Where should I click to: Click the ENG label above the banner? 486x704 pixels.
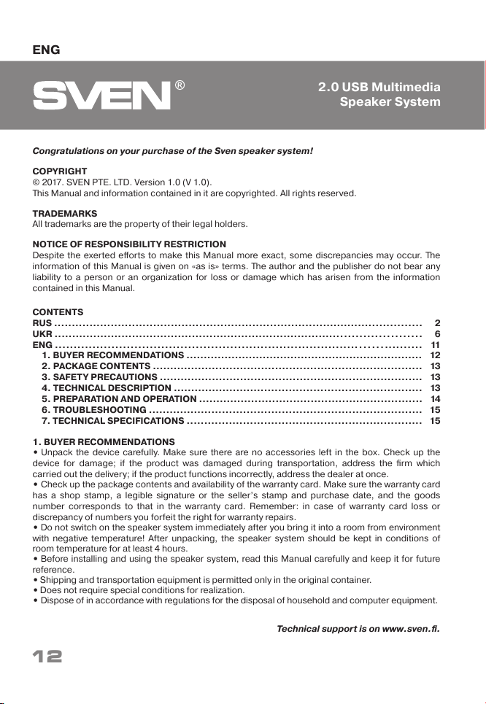click(x=46, y=50)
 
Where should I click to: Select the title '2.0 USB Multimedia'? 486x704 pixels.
click(x=379, y=88)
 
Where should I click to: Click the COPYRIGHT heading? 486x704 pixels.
click(x=60, y=171)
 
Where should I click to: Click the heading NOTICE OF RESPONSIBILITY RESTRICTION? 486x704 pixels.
click(x=129, y=244)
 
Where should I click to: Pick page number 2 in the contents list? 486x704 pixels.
click(x=436, y=322)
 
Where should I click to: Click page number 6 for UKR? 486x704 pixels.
click(x=436, y=333)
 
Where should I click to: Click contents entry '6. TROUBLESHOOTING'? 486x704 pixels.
click(x=94, y=410)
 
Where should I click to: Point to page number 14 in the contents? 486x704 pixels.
click(x=435, y=399)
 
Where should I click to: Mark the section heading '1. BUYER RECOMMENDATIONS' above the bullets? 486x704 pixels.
click(x=103, y=442)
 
